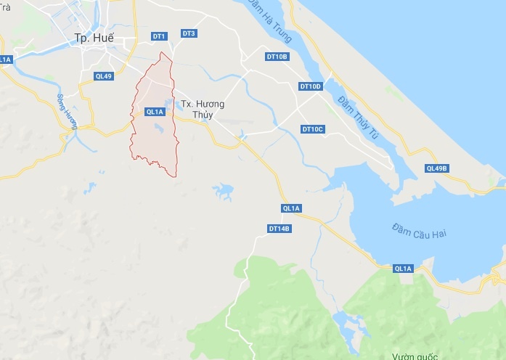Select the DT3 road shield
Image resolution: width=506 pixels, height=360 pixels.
pyautogui.click(x=189, y=33)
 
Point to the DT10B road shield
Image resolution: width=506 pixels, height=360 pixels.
pyautogui.click(x=277, y=56)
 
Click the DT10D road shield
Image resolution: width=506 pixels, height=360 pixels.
pyautogui.click(x=310, y=86)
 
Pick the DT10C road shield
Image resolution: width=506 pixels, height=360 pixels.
pyautogui.click(x=313, y=129)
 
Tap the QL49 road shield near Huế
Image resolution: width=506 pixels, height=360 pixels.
pyautogui.click(x=104, y=75)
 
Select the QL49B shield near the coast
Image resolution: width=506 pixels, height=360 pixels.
pyautogui.click(x=437, y=168)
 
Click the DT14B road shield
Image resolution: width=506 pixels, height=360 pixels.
pyautogui.click(x=279, y=229)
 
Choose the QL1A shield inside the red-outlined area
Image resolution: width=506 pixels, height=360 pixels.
pyautogui.click(x=155, y=112)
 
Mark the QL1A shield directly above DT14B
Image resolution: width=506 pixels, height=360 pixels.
pyautogui.click(x=291, y=209)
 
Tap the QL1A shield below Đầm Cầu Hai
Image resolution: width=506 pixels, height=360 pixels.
pyautogui.click(x=403, y=269)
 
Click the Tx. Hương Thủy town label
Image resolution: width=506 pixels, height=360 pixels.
pyautogui.click(x=203, y=109)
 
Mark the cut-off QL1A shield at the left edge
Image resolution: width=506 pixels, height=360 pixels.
pyautogui.click(x=5, y=59)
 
